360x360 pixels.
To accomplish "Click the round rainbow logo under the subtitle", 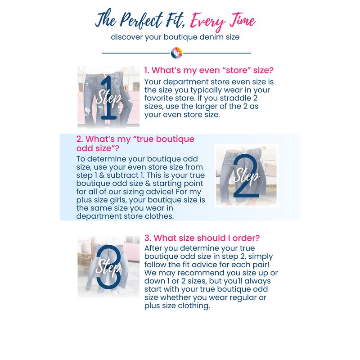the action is [176, 53].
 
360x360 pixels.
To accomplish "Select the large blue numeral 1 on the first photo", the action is [108, 98].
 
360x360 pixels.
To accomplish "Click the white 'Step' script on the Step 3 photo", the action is [109, 266].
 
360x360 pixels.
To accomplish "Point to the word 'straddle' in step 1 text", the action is [235, 98].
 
